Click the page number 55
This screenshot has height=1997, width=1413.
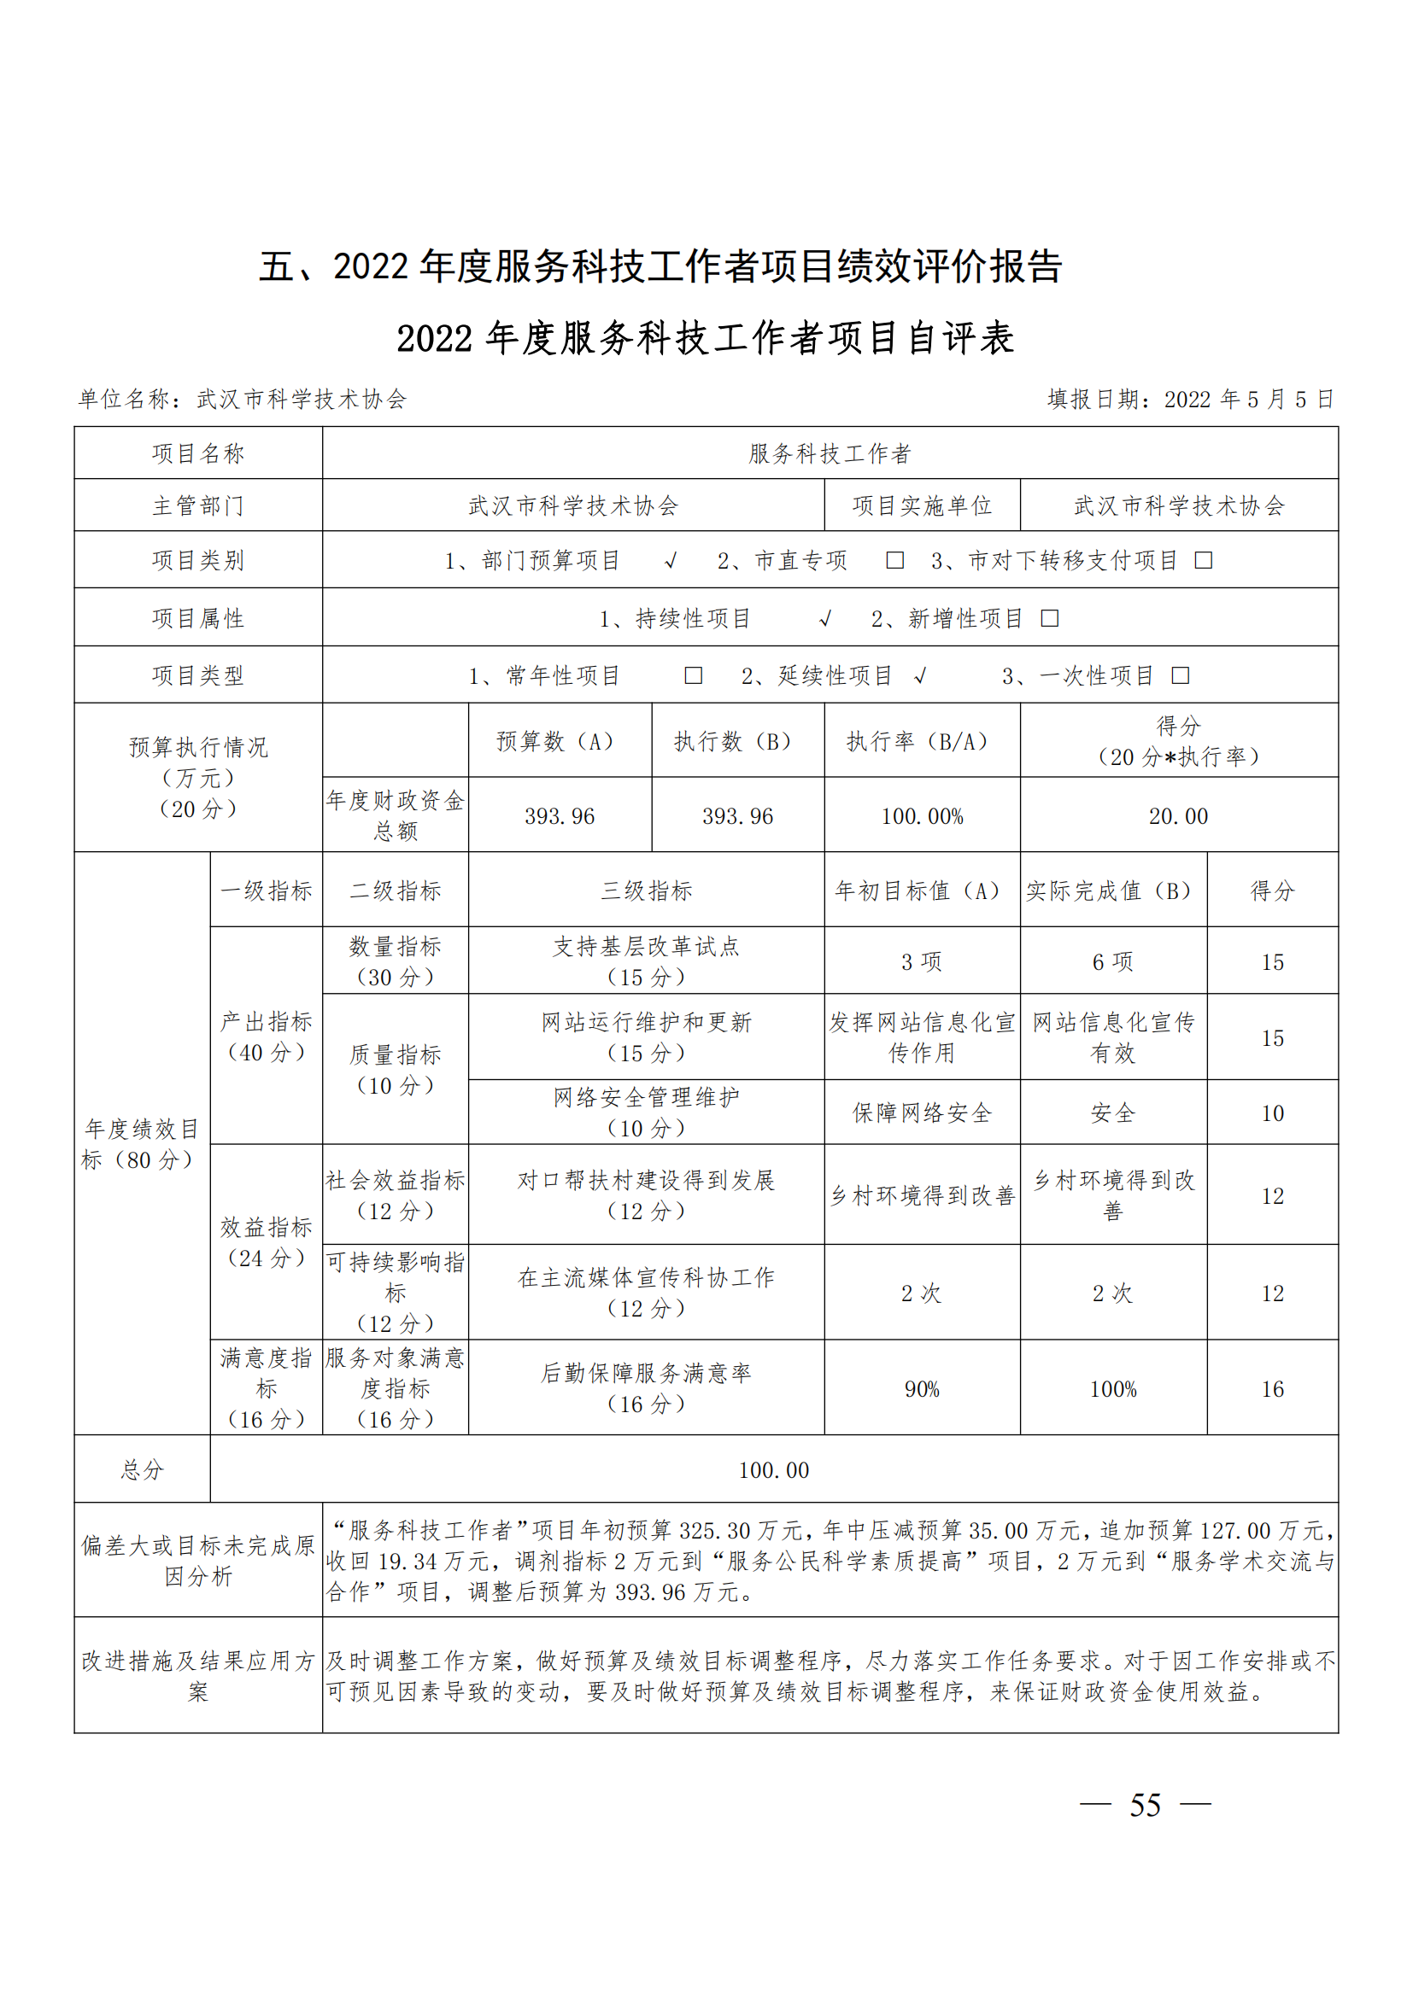click(1144, 1806)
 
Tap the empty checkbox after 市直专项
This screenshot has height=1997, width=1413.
click(894, 560)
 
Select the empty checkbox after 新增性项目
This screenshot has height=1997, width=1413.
click(1050, 618)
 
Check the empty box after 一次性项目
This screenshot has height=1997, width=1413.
click(1181, 676)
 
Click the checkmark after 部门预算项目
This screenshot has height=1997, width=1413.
click(670, 561)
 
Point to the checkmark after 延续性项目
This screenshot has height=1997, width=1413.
click(921, 676)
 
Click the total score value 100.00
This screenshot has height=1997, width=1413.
click(773, 1470)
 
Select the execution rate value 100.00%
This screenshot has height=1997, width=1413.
click(923, 816)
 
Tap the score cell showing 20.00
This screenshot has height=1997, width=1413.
click(1178, 816)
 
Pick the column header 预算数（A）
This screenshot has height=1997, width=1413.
click(560, 741)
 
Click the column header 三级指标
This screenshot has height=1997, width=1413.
click(647, 890)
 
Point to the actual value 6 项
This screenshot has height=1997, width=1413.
click(1113, 961)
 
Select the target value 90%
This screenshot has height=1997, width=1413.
click(922, 1389)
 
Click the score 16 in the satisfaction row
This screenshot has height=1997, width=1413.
click(1272, 1389)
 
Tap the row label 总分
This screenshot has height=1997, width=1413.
click(142, 1470)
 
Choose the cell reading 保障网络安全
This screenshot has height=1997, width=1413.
click(922, 1113)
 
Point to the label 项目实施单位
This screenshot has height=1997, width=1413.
click(922, 505)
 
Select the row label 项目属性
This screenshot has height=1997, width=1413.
click(197, 618)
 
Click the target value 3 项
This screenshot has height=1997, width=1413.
click(922, 961)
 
